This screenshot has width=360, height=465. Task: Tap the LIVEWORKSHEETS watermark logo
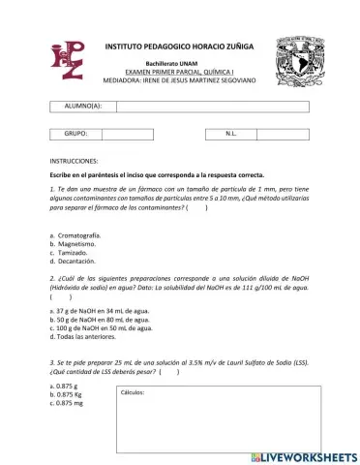pos(303,455)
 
